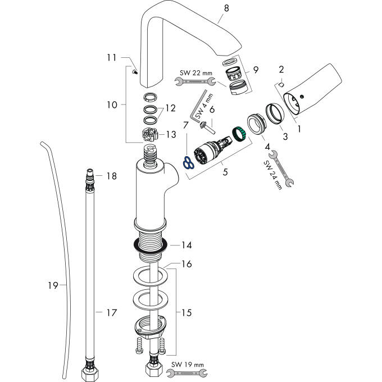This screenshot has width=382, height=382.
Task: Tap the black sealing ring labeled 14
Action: coord(148,245)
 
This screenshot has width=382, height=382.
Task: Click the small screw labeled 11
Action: coord(134,71)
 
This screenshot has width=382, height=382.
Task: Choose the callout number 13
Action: coord(171,134)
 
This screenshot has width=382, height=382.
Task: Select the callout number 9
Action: coord(256,70)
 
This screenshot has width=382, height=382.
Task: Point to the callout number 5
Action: coord(225,172)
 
